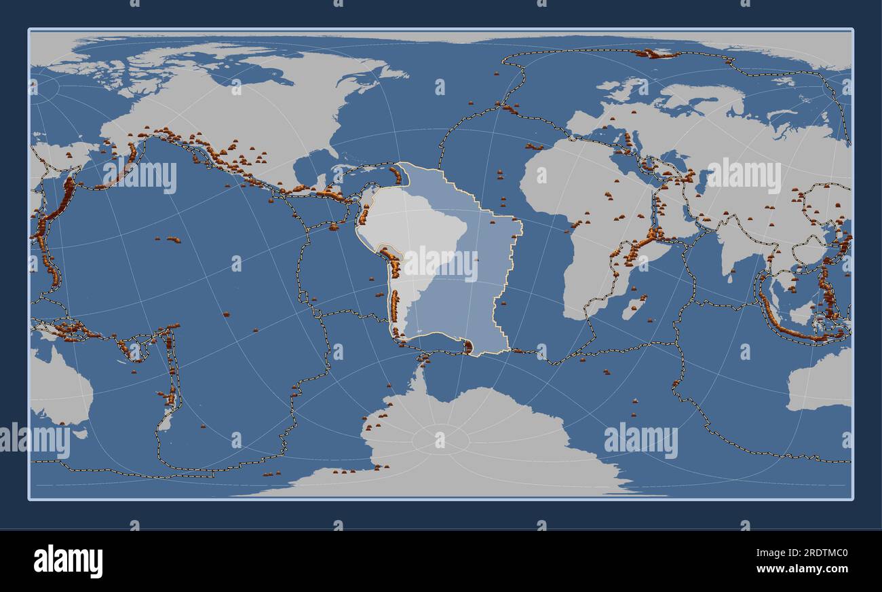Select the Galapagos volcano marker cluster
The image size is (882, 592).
point(334,227)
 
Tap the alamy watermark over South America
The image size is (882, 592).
point(441,263)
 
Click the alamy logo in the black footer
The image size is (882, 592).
point(68,561)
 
